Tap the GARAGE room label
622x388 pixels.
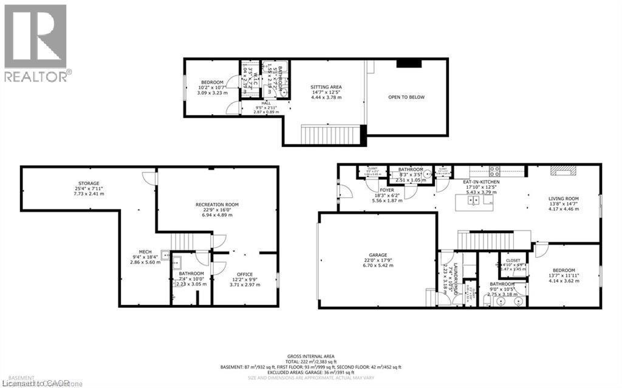[377, 255]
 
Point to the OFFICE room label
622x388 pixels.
[245, 274]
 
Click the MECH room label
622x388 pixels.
[144, 251]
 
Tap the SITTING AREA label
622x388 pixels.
[326, 87]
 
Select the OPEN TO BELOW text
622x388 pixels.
[407, 97]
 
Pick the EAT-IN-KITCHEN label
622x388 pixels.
[480, 180]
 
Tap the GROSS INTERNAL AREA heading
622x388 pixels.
[310, 356]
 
